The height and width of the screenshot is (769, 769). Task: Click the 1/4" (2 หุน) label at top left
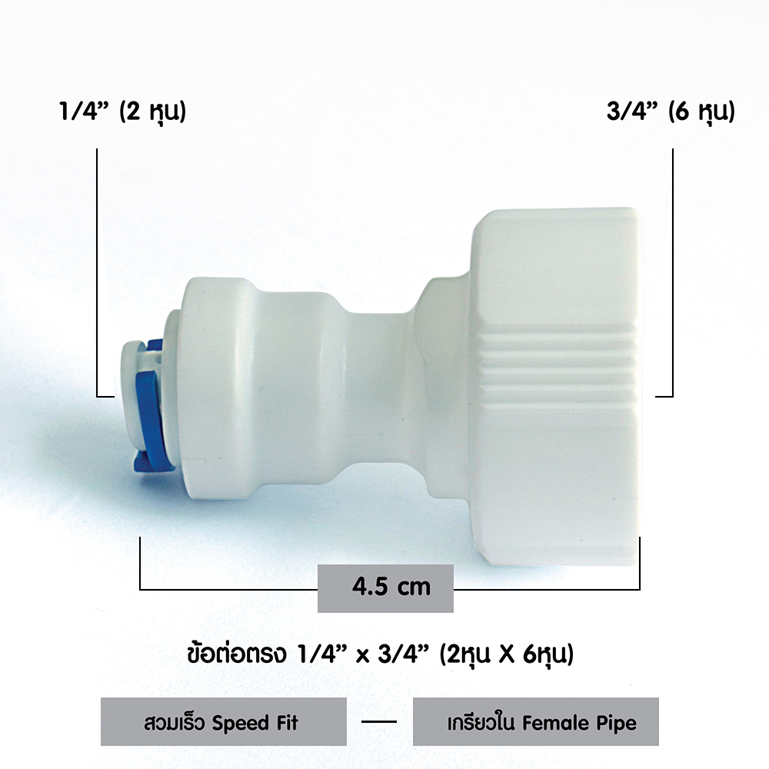[122, 112]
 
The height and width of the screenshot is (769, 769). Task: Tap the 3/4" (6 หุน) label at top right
[671, 112]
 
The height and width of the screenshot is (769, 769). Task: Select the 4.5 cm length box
[385, 588]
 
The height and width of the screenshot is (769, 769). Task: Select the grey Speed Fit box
[224, 721]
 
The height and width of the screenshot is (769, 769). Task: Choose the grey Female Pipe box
[535, 721]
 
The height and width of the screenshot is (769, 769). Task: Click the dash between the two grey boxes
[379, 721]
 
